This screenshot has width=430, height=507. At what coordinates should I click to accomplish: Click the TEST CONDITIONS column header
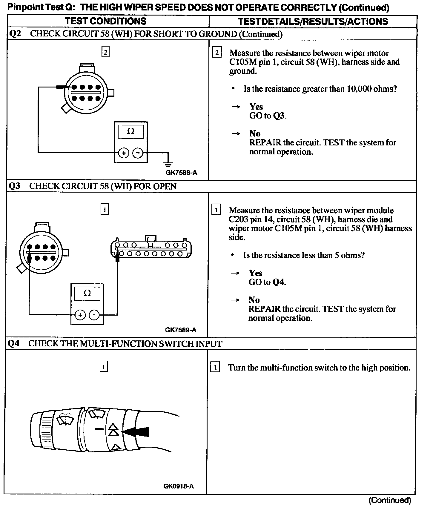(106, 21)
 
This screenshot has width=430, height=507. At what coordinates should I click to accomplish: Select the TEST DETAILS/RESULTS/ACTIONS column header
(313, 21)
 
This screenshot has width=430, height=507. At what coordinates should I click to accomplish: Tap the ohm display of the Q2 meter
(130, 132)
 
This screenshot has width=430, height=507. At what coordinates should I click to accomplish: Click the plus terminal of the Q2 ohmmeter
(124, 153)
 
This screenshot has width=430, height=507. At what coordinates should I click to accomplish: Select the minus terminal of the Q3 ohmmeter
(94, 315)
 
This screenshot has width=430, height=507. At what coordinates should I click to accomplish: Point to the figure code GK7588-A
(181, 173)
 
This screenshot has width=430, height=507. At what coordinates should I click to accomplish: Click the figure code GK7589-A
(181, 330)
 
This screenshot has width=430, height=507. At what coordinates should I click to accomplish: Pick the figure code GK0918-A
(179, 486)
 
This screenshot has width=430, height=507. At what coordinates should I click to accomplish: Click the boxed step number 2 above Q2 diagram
(105, 52)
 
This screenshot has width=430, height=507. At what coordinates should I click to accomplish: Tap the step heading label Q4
(14, 344)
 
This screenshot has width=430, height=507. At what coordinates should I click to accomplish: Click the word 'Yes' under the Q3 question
(255, 273)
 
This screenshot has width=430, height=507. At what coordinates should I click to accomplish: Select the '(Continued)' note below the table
(390, 500)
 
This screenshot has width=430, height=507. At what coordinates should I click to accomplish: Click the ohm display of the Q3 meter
(87, 294)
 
